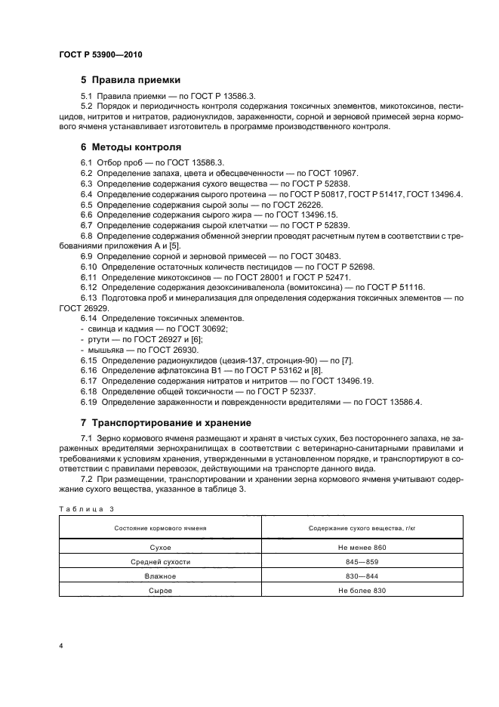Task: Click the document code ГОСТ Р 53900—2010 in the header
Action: [x=100, y=55]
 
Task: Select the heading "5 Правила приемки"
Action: [x=130, y=79]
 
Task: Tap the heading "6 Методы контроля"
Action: [x=130, y=147]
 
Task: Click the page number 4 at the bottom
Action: [x=60, y=647]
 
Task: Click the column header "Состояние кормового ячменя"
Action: [x=160, y=527]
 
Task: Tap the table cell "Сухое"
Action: [x=160, y=547]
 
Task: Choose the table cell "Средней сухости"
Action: [x=160, y=561]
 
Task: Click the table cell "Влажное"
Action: [x=160, y=576]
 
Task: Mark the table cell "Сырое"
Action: [x=160, y=590]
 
